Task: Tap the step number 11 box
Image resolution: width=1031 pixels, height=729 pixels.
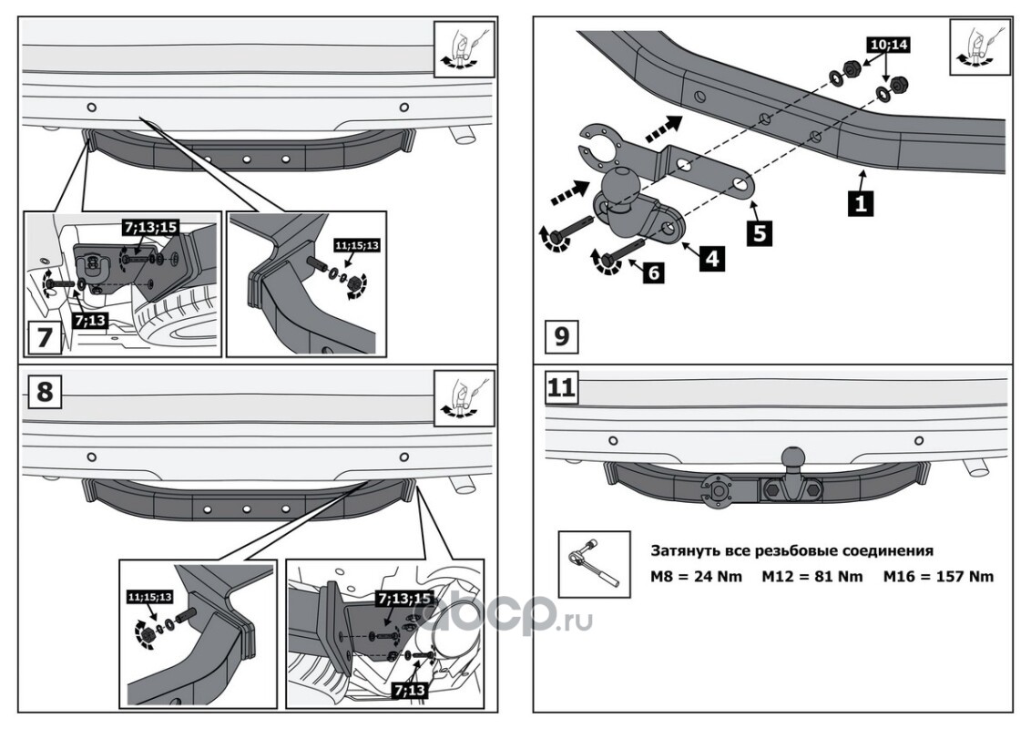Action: [561, 388]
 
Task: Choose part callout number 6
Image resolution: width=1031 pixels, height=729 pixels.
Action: [652, 272]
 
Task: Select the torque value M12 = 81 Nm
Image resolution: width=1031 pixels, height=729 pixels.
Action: [812, 576]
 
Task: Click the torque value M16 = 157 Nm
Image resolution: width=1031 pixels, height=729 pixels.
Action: [939, 576]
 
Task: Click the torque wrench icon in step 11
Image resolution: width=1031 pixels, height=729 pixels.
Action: [593, 565]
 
